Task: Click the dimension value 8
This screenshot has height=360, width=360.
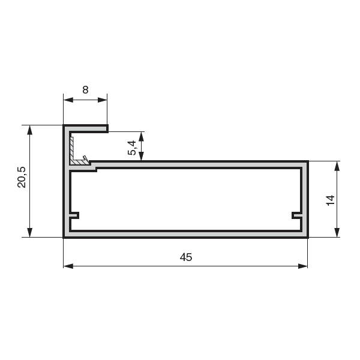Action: [85, 90]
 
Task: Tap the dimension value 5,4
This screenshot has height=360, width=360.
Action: [132, 148]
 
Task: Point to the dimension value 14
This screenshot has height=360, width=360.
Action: [331, 200]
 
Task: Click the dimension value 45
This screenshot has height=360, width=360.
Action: [186, 257]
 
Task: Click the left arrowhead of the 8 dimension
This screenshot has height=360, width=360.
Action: [68, 100]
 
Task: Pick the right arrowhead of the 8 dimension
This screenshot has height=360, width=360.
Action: [103, 100]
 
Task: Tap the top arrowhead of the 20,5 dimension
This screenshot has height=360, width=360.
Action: [29, 130]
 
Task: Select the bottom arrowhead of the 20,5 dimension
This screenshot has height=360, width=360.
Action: [29, 232]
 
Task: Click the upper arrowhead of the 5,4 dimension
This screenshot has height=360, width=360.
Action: [141, 136]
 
